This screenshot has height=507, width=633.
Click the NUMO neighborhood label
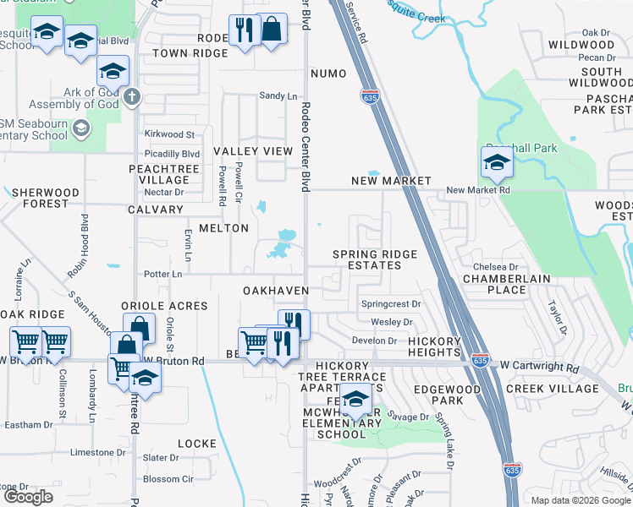(328, 74)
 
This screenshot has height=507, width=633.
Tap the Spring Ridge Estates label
(366, 259)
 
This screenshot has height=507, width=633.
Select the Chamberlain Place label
(506, 284)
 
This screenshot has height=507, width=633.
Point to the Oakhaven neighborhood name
(275, 290)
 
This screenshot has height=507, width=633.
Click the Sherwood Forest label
(46, 198)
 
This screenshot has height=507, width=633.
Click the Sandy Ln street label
(278, 96)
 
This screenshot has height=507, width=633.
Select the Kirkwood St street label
(169, 134)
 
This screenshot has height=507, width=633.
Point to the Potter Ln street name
(163, 274)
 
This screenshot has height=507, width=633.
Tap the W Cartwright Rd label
(539, 368)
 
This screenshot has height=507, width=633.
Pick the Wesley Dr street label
(392, 322)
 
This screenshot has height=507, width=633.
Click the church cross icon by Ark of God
(131, 95)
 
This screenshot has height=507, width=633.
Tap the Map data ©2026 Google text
(580, 499)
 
